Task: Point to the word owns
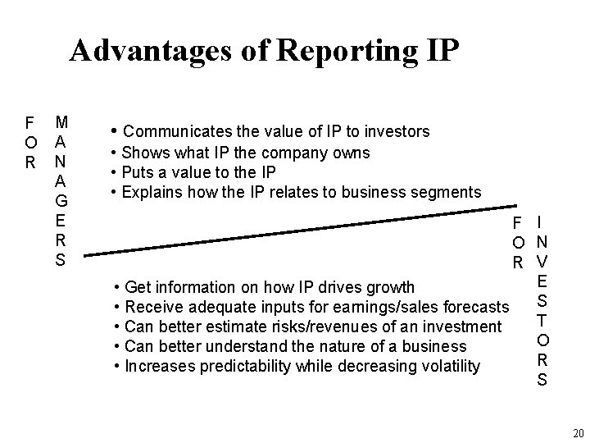(352, 153)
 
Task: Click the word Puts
(138, 172)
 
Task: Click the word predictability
(252, 366)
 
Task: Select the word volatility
(446, 366)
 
